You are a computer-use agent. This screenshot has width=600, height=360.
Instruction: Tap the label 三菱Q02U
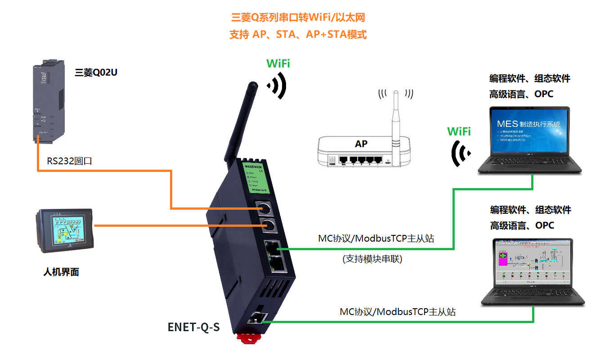[96, 72]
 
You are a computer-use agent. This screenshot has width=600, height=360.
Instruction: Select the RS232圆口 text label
[70, 161]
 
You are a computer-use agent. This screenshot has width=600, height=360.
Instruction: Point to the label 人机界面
[61, 272]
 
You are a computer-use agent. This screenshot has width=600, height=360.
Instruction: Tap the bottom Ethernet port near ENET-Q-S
[256, 318]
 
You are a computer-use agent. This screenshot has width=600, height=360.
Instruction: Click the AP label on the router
[361, 144]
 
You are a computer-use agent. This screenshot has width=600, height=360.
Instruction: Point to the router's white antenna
[395, 117]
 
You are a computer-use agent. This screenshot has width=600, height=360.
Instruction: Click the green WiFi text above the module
[278, 63]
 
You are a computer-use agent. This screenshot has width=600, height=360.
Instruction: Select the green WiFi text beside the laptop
[459, 131]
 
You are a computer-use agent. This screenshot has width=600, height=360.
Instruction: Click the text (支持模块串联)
[372, 259]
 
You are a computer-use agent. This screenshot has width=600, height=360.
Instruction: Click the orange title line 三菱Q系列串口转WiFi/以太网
[297, 18]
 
